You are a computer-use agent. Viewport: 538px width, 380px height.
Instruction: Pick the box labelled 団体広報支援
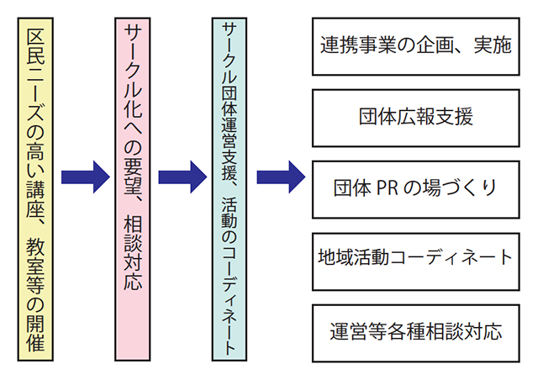(415, 116)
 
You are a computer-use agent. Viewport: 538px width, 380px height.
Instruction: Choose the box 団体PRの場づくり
(415, 186)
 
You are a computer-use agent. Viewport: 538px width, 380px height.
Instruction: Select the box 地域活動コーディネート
(415, 256)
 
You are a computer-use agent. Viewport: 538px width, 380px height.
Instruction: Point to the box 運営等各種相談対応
(415, 329)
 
